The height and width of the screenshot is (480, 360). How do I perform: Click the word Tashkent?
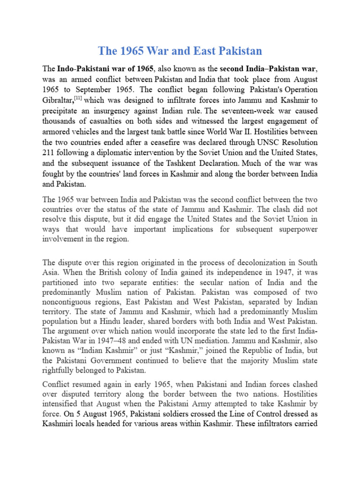coord(181,163)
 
